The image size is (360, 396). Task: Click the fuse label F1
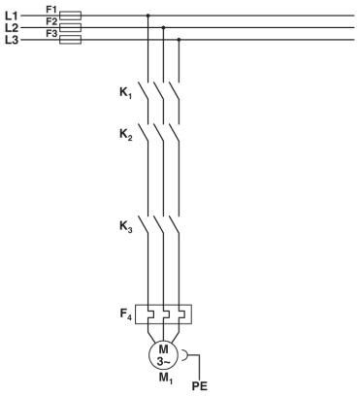point(51,9)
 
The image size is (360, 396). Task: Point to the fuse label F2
point(51,20)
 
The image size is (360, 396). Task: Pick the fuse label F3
point(51,33)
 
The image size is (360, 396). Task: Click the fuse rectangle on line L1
point(71,16)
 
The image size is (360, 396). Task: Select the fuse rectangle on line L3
point(71,40)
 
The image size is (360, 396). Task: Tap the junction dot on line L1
point(147,16)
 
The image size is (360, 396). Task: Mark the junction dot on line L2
point(163,28)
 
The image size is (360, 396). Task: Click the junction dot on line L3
point(179,40)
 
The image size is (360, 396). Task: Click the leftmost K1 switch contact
point(145,92)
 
